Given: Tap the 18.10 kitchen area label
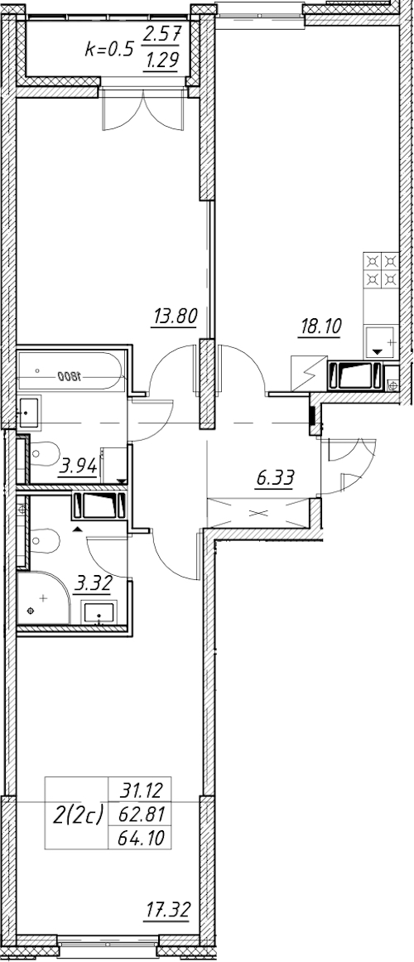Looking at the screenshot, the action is pos(319,326).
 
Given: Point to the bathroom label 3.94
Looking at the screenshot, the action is pos(77,468).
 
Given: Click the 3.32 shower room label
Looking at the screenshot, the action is pos(93,583).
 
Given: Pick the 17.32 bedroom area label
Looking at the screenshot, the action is pos(169,909).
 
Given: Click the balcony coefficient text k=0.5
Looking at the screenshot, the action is pos(108,49).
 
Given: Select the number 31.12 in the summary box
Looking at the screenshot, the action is pos(139,787).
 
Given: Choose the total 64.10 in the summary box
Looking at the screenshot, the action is pos(139,837).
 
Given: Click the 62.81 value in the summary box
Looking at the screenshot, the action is pos(139,812).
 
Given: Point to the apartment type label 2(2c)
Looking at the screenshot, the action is pos(77,815).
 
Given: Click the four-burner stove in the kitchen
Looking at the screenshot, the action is pos(382,271).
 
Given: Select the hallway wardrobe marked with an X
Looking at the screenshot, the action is pos(258,512).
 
